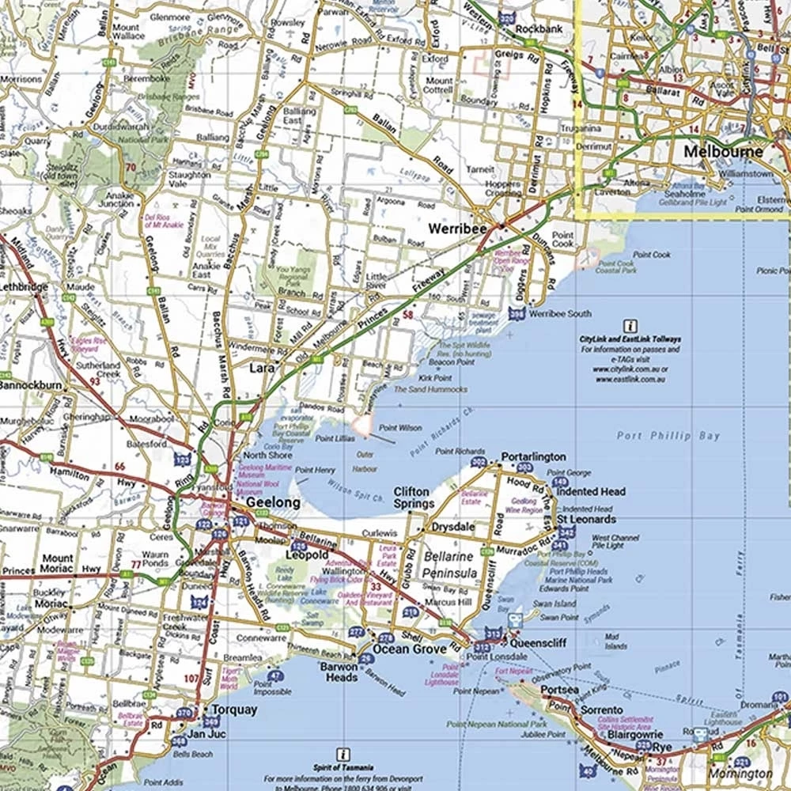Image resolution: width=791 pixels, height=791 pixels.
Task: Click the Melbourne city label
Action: coord(724,152)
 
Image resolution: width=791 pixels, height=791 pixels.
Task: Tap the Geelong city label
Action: coord(273,502)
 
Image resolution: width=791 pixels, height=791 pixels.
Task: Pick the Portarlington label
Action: coord(534,456)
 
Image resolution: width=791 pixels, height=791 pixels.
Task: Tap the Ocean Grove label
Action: coord(403,649)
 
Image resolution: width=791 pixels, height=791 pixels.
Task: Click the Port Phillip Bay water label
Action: coord(658,436)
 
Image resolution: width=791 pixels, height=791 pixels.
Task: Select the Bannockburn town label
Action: coord(31,385)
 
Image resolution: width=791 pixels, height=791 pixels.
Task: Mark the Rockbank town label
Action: coord(537,29)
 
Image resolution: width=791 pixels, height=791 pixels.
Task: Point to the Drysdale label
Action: coord(452,527)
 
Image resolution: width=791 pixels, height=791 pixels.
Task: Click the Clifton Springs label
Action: coord(412,498)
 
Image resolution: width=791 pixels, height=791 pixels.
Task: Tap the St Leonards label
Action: coord(586,520)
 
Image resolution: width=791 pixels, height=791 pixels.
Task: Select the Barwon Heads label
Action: coord(339,672)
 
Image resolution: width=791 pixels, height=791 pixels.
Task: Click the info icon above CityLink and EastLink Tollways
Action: coord(630,325)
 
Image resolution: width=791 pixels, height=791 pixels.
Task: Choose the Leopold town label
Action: coord(306,555)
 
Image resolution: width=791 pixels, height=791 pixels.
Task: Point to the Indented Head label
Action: coord(591,491)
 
